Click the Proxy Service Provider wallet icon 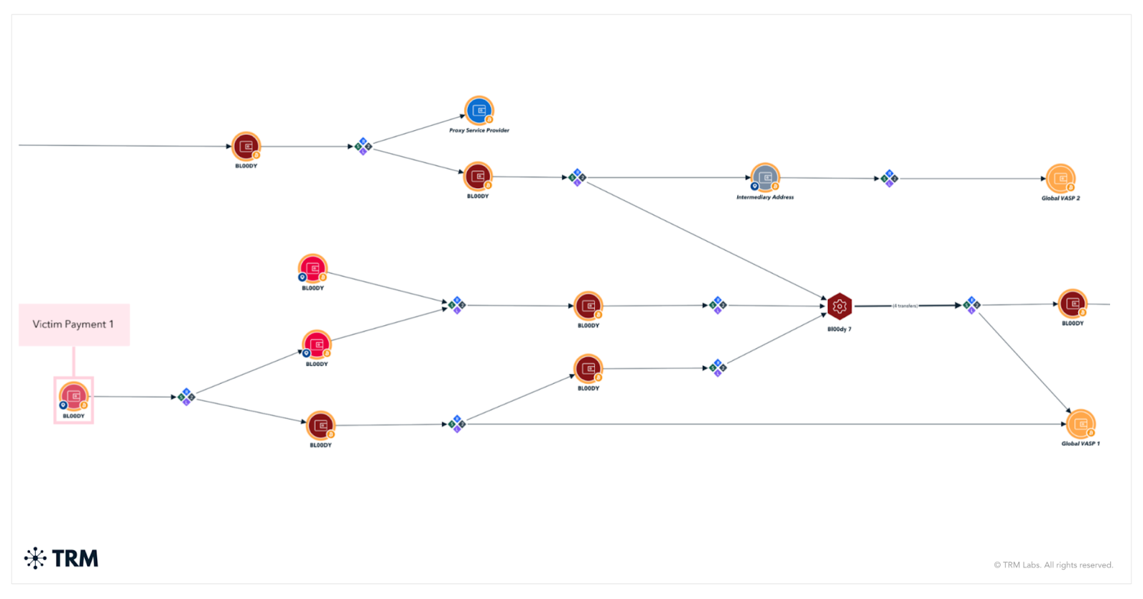tap(479, 110)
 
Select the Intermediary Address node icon tap(765, 177)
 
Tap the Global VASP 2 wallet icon tap(1061, 179)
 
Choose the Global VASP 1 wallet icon tap(1081, 424)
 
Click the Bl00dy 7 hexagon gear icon tap(839, 307)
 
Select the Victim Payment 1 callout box tap(74, 325)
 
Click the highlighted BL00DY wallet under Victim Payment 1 tap(74, 397)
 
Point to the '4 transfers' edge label tap(905, 306)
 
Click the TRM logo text tap(75, 558)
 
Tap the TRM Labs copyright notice tap(1053, 565)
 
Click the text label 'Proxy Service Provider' tap(479, 131)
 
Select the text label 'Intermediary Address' tap(765, 197)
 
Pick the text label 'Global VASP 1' tap(1080, 444)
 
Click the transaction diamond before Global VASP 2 tap(889, 178)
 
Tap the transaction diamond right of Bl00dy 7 tap(972, 305)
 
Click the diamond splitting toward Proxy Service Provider tap(364, 147)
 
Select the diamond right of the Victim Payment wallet tap(186, 397)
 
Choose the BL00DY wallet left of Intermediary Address tap(478, 176)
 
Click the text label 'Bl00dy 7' tap(839, 330)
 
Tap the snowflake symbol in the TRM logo tap(35, 558)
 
